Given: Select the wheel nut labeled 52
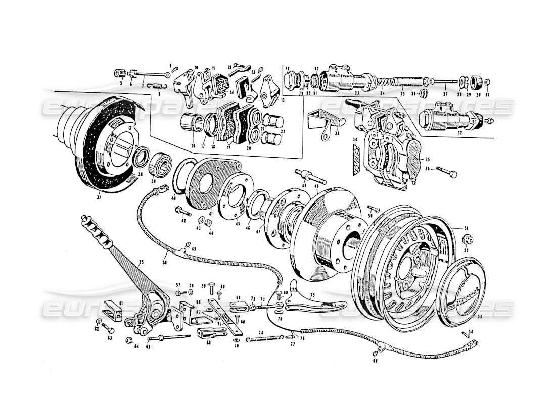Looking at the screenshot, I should point(466,240).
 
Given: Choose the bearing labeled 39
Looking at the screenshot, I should point(159,163).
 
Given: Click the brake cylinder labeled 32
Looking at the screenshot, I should point(441,120).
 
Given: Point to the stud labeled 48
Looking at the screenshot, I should point(311,177).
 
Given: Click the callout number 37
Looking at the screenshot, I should point(100,193).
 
